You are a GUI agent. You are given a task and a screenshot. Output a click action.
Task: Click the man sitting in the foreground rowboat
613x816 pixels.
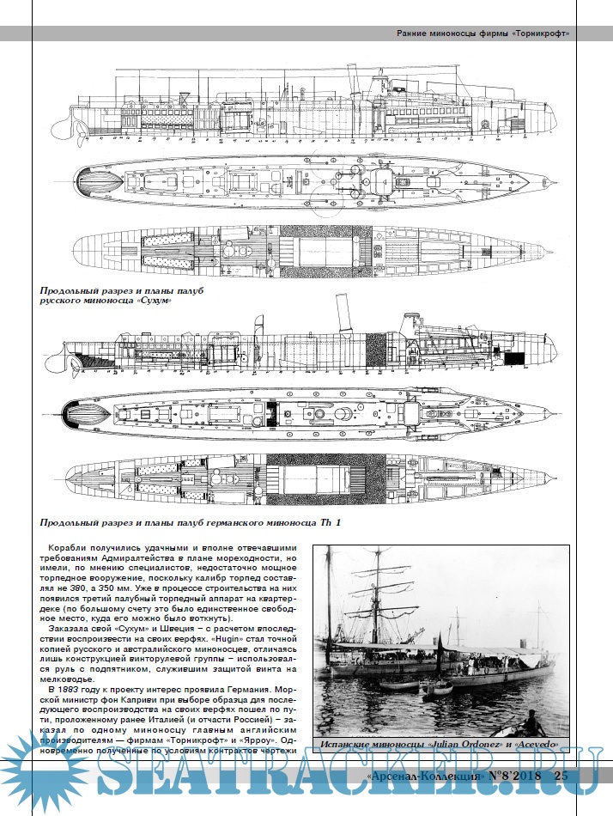coord(528,720)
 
